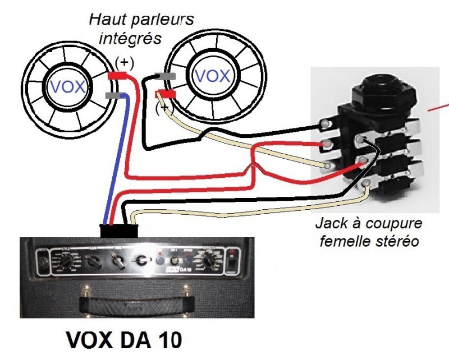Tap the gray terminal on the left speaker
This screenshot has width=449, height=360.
114,96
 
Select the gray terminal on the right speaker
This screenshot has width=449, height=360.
167,76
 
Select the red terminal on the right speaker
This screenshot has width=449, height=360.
165,94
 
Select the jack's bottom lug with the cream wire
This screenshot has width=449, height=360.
366,183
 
